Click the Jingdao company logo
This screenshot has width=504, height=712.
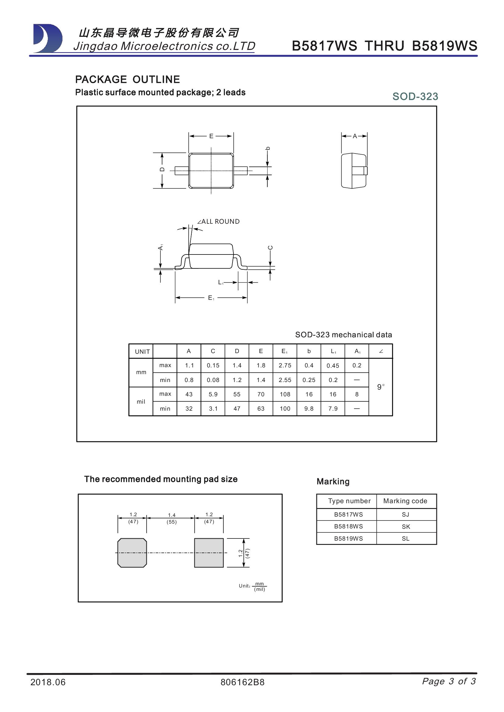48,38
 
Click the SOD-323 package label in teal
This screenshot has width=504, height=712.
415,96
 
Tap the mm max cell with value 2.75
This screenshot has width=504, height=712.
285,365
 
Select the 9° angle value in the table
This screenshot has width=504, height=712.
381,387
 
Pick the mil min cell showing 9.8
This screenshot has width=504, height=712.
309,409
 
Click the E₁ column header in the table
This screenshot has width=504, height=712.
285,351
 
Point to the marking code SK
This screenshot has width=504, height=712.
406,527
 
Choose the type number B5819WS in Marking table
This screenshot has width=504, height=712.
348,539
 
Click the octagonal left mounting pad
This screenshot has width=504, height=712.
132,553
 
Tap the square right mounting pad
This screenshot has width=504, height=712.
209,553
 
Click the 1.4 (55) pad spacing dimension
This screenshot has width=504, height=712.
172,518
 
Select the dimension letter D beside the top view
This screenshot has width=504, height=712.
162,170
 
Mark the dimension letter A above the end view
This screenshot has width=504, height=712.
355,136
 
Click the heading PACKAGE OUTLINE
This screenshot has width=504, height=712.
127,79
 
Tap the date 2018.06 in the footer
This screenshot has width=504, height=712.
48,682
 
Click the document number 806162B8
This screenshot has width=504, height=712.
242,682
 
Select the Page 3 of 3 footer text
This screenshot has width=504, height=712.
449,681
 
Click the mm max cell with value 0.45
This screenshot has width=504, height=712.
333,366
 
